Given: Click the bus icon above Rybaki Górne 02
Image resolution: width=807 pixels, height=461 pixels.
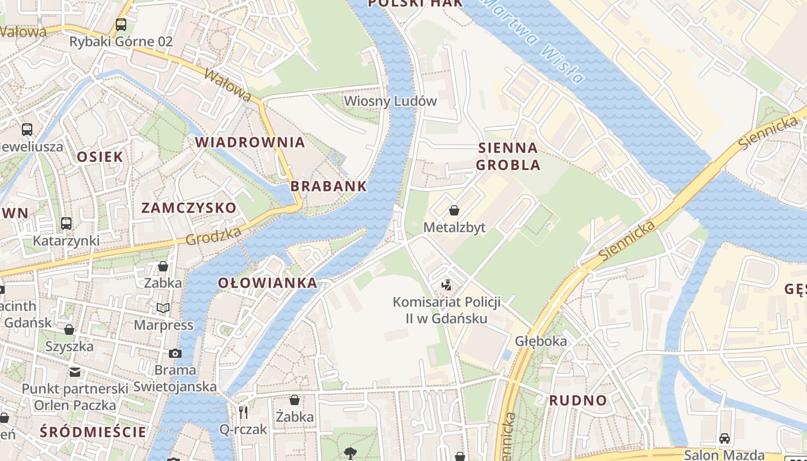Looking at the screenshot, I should pyautogui.click(x=120, y=25).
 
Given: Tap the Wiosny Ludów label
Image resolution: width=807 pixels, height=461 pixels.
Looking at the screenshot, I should pyautogui.click(x=390, y=101).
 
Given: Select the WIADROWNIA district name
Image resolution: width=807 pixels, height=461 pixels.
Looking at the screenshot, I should pyautogui.click(x=250, y=142).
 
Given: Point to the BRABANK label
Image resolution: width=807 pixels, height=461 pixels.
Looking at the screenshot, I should pyautogui.click(x=329, y=186).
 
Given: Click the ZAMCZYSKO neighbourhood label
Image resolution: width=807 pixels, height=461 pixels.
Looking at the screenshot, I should pyautogui.click(x=189, y=208).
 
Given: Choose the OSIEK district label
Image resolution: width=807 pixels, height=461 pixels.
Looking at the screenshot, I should pyautogui.click(x=100, y=157).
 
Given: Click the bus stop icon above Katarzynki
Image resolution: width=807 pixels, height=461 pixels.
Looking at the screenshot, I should pyautogui.click(x=66, y=224).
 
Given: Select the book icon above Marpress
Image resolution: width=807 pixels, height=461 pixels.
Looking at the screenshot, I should pyautogui.click(x=164, y=308).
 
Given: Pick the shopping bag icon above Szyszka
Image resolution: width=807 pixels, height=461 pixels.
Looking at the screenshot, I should pyautogui.click(x=69, y=330).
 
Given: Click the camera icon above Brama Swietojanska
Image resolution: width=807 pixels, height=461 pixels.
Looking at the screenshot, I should pyautogui.click(x=175, y=353).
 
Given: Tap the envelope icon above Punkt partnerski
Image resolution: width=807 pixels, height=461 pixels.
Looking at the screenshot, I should pyautogui.click(x=75, y=372).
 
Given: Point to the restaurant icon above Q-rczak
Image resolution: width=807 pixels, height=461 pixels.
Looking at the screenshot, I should pyautogui.click(x=243, y=412).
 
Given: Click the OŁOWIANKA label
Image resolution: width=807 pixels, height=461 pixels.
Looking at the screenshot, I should pyautogui.click(x=267, y=283).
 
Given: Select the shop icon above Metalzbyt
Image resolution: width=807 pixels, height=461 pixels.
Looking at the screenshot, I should pyautogui.click(x=454, y=210).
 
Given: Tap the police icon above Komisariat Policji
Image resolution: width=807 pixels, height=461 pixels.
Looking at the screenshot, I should pyautogui.click(x=446, y=285).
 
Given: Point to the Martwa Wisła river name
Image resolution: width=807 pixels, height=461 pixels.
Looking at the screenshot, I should pyautogui.click(x=534, y=40).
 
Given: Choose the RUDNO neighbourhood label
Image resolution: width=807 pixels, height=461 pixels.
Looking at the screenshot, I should pyautogui.click(x=578, y=400).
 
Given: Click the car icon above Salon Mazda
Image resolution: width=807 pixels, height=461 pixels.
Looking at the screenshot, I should pyautogui.click(x=725, y=438).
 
